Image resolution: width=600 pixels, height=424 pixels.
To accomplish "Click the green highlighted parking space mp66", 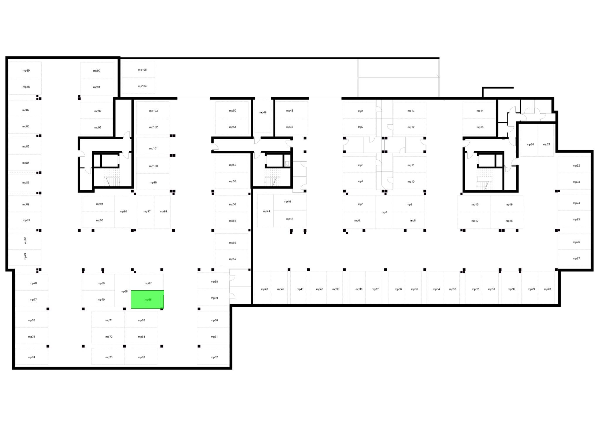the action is [147, 299].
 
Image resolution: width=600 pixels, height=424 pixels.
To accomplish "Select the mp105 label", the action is [142, 70].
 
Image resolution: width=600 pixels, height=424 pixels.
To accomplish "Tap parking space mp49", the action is [263, 116].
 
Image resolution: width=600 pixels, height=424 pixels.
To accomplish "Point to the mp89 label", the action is [26, 71].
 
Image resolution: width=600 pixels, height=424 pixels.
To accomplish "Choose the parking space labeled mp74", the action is [31, 357].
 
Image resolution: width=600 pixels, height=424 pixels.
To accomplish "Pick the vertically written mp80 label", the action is [25, 240].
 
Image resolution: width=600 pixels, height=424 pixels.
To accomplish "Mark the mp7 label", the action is [384, 212].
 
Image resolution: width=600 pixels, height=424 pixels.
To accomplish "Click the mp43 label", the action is [265, 289].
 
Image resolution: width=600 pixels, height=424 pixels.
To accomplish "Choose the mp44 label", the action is [267, 211].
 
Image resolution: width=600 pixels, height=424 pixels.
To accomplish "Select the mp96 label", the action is [124, 211].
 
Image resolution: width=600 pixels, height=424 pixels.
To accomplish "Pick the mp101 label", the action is [154, 148].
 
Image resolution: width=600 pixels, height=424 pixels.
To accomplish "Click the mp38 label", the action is [359, 289].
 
